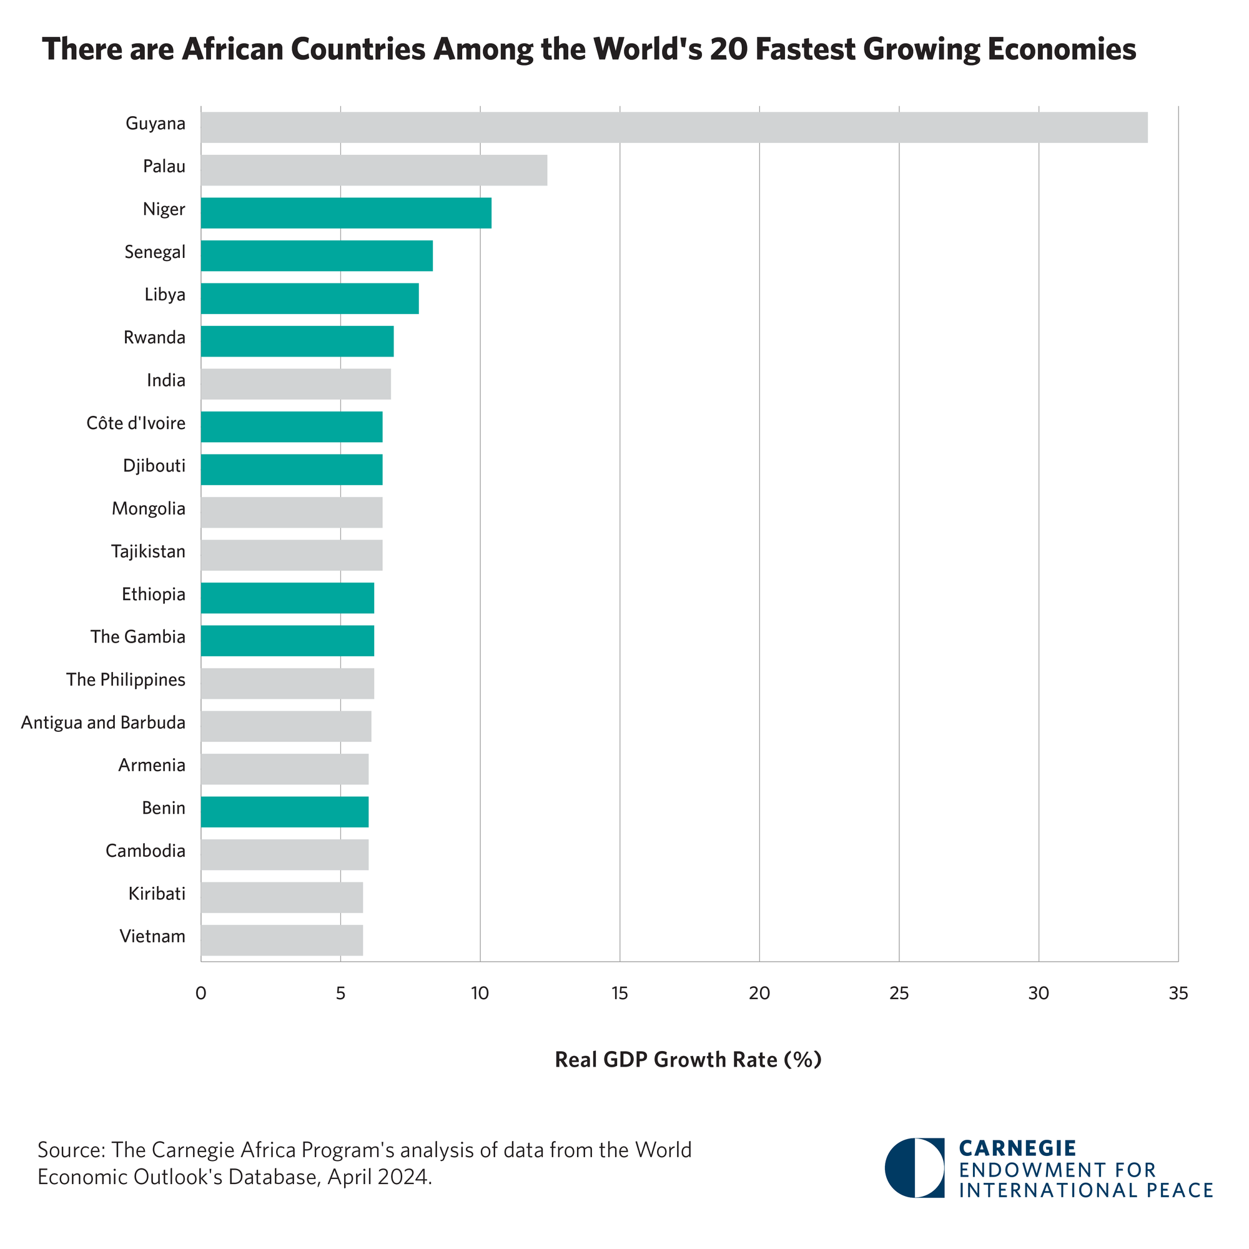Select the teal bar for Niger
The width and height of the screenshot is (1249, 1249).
click(346, 213)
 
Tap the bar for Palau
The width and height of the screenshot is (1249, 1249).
click(373, 170)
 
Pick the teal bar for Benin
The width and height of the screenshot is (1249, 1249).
click(284, 811)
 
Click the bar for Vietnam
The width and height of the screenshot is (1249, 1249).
click(282, 940)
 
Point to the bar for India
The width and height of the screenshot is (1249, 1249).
click(295, 384)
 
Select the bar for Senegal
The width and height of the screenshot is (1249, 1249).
click(317, 255)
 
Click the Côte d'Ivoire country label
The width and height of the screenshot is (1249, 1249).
click(136, 423)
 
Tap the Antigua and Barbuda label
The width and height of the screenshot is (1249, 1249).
click(104, 722)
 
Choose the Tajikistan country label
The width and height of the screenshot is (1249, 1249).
click(148, 551)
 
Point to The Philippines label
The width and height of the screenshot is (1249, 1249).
click(126, 679)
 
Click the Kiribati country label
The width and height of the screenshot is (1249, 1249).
click(157, 894)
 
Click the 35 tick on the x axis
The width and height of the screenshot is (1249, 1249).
click(1178, 994)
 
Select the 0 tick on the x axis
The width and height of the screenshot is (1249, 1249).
click(201, 994)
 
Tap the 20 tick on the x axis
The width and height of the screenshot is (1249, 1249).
click(759, 994)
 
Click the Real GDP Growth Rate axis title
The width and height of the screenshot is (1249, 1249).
click(688, 1060)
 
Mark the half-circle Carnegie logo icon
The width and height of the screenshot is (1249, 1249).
click(914, 1168)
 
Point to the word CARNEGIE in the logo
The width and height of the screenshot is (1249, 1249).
click(1017, 1148)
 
